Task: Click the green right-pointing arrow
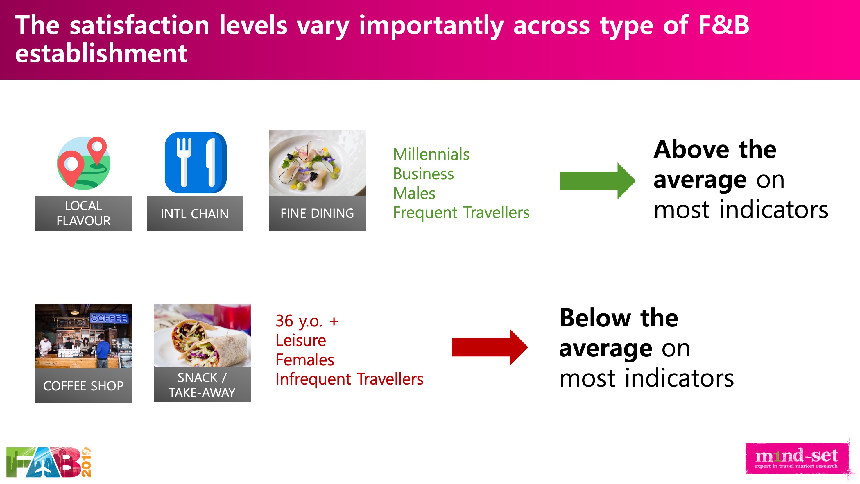pos(597,181)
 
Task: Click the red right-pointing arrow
pos(490,347)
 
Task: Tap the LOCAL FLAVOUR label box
pos(83,213)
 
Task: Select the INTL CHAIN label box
pos(195,213)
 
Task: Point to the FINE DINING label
pos(317,213)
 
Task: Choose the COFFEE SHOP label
pos(83,385)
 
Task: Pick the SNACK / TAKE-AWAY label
pos(202,385)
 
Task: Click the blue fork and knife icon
pos(196,163)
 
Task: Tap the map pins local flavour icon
pos(83,163)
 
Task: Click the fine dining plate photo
pos(317,163)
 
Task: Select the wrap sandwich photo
pos(202,335)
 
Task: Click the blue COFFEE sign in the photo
pos(109,318)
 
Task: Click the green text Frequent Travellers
pos(461,212)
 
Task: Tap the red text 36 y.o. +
pos(307,321)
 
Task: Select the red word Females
pos(305,360)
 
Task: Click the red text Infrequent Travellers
pos(350,379)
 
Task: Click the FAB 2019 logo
pos(49,462)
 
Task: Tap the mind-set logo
pos(796,458)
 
